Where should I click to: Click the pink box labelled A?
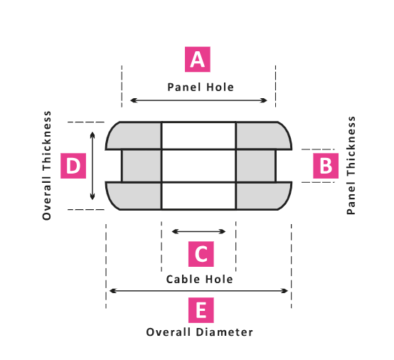pos(198,59)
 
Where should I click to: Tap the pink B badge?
pos(326,166)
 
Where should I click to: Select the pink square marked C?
pos(201,254)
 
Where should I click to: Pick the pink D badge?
pos(73,166)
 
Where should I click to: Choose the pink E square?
pos(201,310)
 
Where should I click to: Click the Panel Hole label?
pos(201,88)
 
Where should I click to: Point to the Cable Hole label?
pos(200,280)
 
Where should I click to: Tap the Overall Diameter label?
pos(200,332)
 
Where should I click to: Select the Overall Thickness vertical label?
pos(47,166)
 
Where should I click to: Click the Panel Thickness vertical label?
pos(351,166)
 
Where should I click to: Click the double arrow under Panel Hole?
pos(198,100)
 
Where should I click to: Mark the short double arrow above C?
pos(198,231)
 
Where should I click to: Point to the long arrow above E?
pos(198,291)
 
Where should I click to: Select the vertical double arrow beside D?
pos(92,166)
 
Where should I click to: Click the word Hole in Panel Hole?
pos(220,88)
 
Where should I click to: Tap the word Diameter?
pos(225,332)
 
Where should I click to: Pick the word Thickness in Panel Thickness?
pos(351,147)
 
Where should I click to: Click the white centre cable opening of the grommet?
pos(198,166)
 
